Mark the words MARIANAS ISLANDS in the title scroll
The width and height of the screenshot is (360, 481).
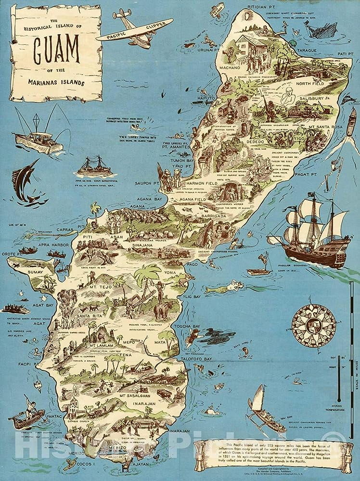coord(57,82)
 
